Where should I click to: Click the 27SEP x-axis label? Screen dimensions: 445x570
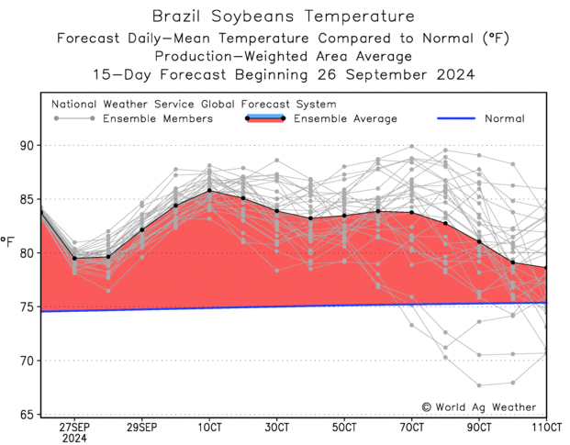pyautogui.click(x=74, y=428)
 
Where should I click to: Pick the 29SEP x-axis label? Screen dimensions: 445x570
pyautogui.click(x=141, y=428)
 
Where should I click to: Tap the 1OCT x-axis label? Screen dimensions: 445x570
pyautogui.click(x=209, y=428)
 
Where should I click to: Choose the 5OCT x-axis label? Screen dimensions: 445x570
pyautogui.click(x=344, y=428)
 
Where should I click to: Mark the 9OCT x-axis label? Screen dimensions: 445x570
pyautogui.click(x=479, y=428)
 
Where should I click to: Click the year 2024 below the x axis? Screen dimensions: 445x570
pyautogui.click(x=74, y=439)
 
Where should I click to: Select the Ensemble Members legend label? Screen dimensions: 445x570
pyautogui.click(x=158, y=118)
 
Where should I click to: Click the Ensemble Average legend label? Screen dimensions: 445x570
pyautogui.click(x=345, y=118)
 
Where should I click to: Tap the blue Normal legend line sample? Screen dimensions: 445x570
pyautogui.click(x=450, y=118)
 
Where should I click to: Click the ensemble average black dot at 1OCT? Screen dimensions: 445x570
pyautogui.click(x=209, y=191)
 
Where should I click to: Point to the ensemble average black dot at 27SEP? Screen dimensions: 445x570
pyautogui.click(x=74, y=259)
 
